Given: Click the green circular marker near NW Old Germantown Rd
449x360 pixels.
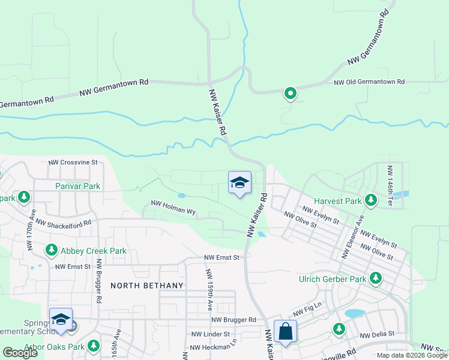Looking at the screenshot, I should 291,93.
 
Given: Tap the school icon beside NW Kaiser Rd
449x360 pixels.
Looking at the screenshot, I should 240,183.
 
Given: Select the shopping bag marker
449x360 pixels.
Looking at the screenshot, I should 285,331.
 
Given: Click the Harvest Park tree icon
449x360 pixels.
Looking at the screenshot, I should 371,200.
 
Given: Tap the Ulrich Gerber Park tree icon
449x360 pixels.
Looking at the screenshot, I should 376,278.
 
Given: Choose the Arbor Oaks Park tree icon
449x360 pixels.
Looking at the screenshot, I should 94,346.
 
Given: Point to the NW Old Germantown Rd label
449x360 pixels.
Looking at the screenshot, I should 369,82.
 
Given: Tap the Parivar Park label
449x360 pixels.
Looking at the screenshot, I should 78,186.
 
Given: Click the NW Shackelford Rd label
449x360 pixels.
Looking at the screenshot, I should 63,223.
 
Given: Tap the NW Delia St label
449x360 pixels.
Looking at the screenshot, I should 377,334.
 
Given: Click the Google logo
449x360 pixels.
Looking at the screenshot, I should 20,353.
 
